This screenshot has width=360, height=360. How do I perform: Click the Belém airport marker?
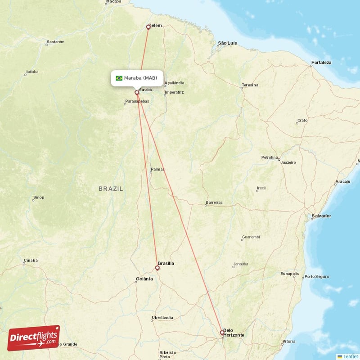148,27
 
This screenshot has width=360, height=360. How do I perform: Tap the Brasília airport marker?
157,268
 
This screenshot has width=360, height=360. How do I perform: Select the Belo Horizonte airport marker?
221,333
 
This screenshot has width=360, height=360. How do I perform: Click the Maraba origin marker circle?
137,92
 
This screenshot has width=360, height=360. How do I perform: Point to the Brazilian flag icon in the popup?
119,78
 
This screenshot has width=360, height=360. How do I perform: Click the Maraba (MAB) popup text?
141,78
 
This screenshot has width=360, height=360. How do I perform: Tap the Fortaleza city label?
321,63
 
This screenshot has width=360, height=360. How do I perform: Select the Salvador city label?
321,216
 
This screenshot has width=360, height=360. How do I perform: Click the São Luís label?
227,43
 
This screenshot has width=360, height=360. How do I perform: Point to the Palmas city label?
158,170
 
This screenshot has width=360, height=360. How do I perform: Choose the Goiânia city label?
145,279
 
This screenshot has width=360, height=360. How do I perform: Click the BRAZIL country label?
111,189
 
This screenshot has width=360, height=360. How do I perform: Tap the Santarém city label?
56,42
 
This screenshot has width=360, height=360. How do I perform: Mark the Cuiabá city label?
31,260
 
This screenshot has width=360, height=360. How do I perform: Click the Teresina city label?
250,85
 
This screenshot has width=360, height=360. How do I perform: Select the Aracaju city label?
342,181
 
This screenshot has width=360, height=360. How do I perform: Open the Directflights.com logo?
34,338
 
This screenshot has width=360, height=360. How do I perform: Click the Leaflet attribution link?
348,356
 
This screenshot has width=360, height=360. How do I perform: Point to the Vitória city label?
288,342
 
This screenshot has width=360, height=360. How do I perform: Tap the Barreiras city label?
213,202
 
